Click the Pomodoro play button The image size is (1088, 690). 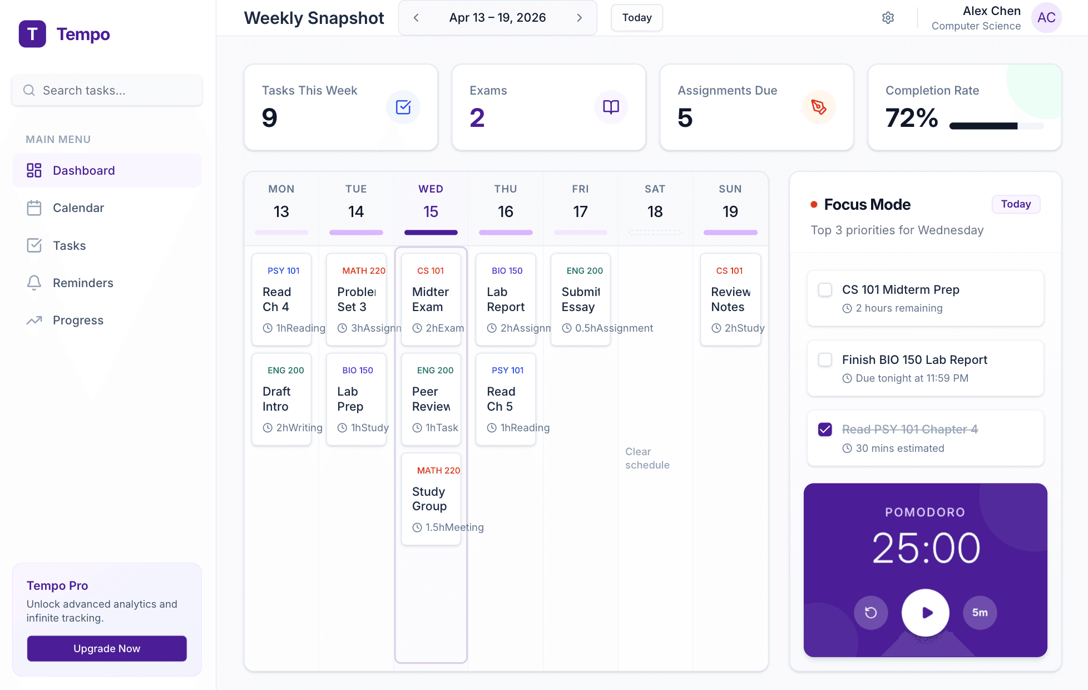point(925,613)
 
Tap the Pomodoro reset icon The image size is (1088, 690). point(871,613)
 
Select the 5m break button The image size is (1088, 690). point(980,613)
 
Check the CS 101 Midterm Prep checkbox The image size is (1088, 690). point(825,290)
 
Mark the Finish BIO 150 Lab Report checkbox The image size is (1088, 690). point(825,360)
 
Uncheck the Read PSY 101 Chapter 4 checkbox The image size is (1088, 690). point(825,430)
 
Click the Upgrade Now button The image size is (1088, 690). point(107,648)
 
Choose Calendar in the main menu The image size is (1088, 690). point(78,208)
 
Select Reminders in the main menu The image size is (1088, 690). point(83,283)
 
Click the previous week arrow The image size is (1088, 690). point(416,18)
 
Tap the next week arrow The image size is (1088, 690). point(579,18)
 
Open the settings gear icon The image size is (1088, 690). point(888,18)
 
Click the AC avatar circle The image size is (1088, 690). point(1046,18)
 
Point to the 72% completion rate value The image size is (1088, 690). point(911,118)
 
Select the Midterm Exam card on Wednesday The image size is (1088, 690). point(431,299)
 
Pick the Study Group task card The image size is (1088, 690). point(431,499)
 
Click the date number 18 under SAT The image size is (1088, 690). point(655,211)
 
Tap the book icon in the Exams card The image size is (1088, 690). point(611,107)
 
